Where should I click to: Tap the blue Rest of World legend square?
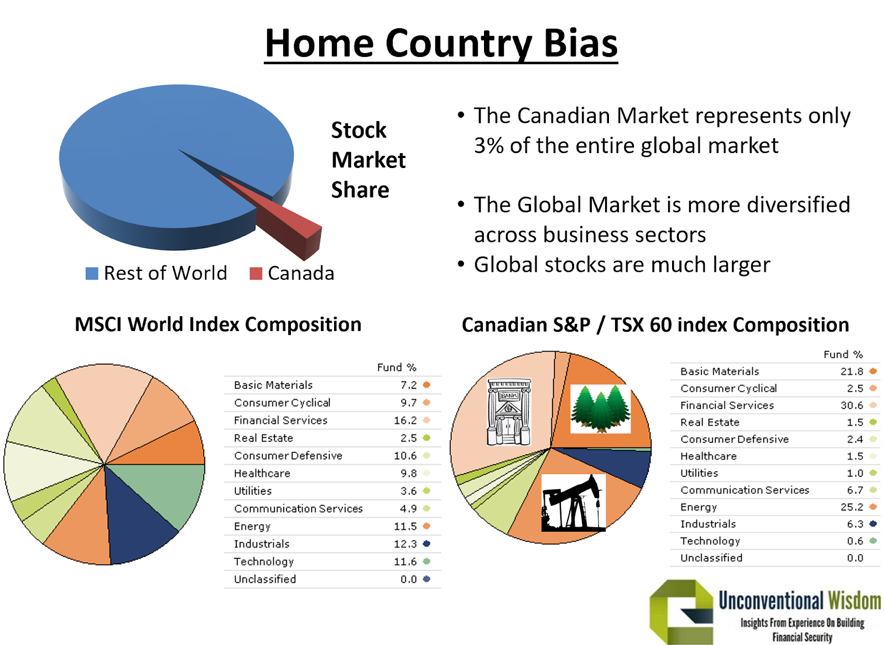tap(92, 274)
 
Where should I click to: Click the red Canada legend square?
tap(256, 274)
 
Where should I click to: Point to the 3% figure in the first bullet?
tap(489, 146)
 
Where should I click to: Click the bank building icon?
tap(509, 411)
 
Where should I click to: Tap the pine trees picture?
tap(601, 409)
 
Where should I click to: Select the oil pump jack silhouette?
tap(573, 503)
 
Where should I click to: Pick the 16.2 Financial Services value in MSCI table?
tap(405, 421)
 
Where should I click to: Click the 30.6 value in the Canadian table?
tap(852, 405)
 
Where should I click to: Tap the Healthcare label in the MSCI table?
tap(262, 473)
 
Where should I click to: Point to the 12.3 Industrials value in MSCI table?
tap(405, 544)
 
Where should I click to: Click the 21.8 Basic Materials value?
tap(852, 371)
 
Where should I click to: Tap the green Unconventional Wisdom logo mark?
tap(681, 611)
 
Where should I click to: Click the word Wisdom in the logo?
tap(855, 600)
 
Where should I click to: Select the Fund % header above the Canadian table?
tap(843, 354)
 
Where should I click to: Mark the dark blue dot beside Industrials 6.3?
tap(873, 524)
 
